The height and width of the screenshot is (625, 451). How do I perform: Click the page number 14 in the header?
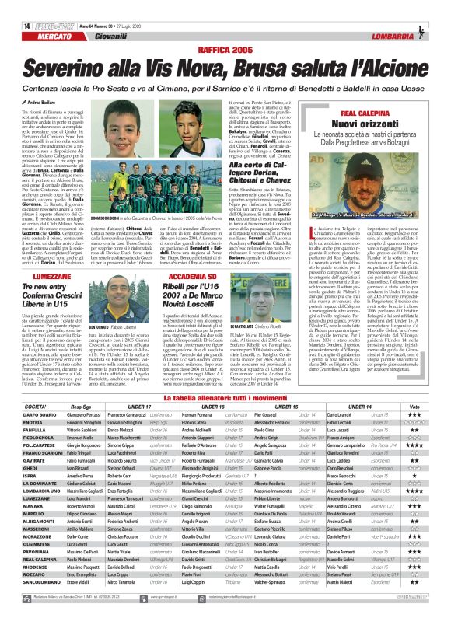point(17,7)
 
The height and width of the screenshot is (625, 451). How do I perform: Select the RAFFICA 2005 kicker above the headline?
point(225,27)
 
